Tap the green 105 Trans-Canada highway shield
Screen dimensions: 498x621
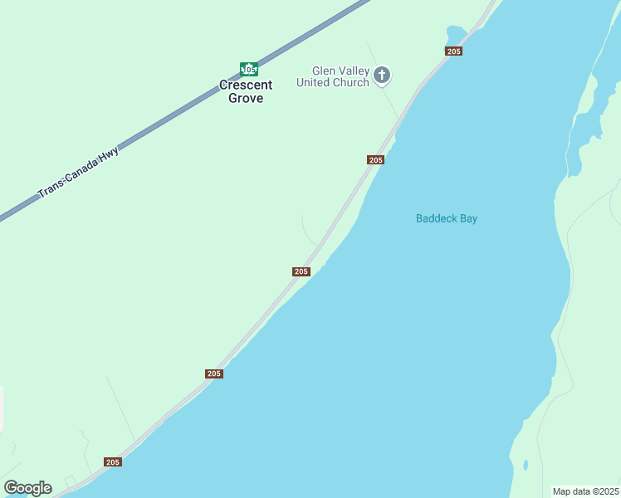click(x=248, y=69)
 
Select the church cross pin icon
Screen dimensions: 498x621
click(x=382, y=76)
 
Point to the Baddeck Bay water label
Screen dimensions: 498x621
click(x=447, y=219)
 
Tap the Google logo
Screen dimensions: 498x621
click(x=27, y=488)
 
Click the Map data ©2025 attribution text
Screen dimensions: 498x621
click(x=586, y=491)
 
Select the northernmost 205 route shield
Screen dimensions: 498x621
click(x=453, y=51)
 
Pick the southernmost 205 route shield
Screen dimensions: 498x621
click(x=113, y=461)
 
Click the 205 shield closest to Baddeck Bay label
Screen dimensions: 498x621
click(x=375, y=159)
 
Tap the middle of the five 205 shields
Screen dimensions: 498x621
click(x=301, y=271)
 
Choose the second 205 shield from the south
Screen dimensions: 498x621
click(x=214, y=373)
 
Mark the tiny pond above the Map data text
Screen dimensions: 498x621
click(x=525, y=465)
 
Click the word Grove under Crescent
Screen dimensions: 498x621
click(x=246, y=98)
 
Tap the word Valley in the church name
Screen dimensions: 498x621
click(x=353, y=71)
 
